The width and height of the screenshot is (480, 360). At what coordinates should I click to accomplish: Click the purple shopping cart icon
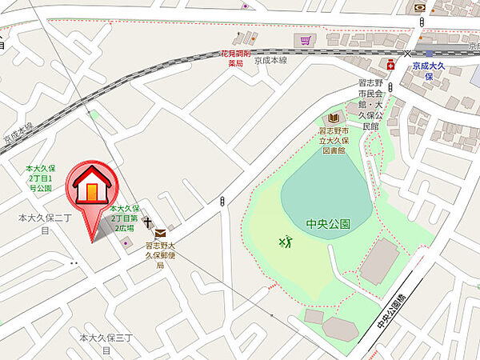[303, 39]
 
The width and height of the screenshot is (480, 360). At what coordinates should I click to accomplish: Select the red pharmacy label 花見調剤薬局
[236, 58]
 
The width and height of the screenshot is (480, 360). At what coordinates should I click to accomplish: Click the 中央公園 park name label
[329, 225]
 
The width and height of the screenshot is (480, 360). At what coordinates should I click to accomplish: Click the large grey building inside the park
[378, 261]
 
